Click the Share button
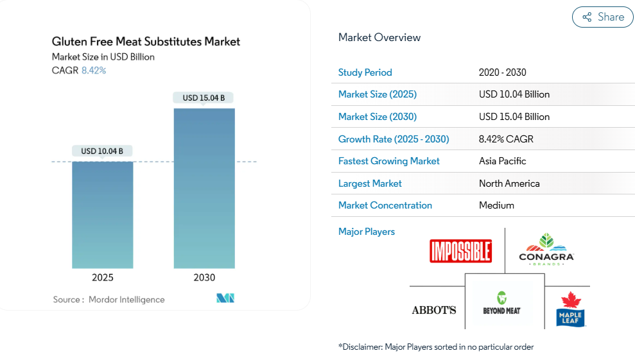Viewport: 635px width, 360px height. tap(602, 17)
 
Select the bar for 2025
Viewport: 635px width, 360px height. tap(103, 214)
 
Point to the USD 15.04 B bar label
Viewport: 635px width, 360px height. tap(204, 98)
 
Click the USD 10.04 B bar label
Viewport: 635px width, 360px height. tap(102, 151)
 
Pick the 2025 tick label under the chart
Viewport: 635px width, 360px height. tap(103, 278)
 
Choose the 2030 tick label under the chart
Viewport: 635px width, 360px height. tap(204, 278)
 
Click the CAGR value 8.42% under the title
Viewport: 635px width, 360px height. tap(94, 71)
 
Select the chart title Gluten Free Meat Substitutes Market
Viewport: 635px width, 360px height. tap(146, 42)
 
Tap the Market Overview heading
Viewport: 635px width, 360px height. tap(379, 38)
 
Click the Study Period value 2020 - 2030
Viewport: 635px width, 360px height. tap(502, 73)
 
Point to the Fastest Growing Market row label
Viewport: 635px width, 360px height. tap(389, 161)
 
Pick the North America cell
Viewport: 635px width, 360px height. tap(509, 184)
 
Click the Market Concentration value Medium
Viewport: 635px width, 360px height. tap(496, 205)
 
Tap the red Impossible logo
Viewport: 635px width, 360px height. tap(460, 251)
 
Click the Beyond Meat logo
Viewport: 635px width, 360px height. tap(501, 304)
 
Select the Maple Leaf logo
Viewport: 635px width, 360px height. tap(570, 309)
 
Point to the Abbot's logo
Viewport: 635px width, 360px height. tap(434, 311)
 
